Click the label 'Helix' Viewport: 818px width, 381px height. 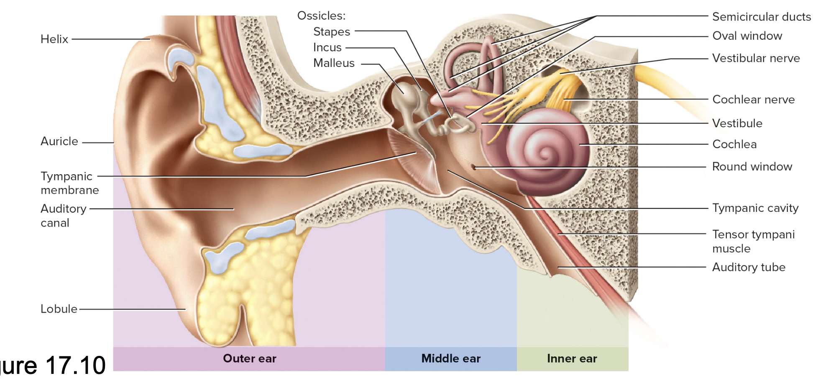coord(54,39)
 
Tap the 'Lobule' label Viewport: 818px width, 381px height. coord(59,309)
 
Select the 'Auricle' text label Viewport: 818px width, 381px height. coord(59,142)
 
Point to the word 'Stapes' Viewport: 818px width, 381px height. coord(332,32)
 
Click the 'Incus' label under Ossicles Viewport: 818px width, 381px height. coord(327,48)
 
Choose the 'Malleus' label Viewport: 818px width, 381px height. coord(334,63)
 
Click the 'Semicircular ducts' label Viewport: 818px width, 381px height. coord(761,17)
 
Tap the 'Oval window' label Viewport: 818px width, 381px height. coord(747,36)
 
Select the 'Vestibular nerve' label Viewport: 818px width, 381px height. coord(756,58)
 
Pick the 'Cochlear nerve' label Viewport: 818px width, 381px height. coord(753,100)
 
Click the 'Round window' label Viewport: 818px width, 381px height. coord(752,167)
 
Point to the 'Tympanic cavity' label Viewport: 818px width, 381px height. coord(755,208)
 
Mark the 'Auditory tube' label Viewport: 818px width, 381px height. coord(749,267)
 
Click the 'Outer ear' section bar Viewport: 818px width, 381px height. coord(249,359)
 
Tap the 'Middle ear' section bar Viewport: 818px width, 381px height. coord(451,359)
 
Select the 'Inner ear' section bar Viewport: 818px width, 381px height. coord(572,359)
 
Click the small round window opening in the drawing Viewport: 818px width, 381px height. coord(474,167)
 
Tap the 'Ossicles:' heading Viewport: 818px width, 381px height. coord(321,16)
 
